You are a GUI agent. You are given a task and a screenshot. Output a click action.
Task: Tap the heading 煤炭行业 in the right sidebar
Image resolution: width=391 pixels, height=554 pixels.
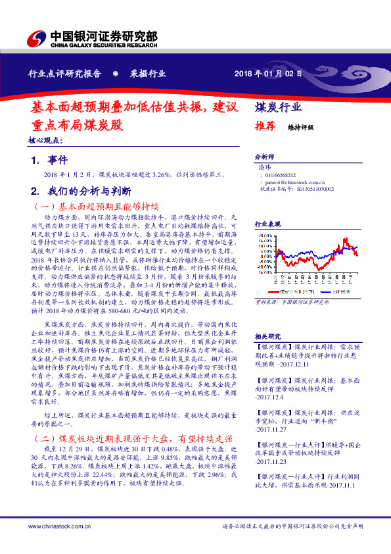pyautogui.click(x=278, y=108)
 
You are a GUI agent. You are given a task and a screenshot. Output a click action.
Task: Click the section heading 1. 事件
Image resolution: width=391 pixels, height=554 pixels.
pyautogui.click(x=50, y=160)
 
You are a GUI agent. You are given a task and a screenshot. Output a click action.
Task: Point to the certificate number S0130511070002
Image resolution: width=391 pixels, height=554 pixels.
pyautogui.click(x=310, y=189)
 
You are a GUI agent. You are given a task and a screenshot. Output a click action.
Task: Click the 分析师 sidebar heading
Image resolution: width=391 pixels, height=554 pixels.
pyautogui.click(x=264, y=158)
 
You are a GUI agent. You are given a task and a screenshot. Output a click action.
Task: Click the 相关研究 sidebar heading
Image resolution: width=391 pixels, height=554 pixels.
pyautogui.click(x=267, y=335)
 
